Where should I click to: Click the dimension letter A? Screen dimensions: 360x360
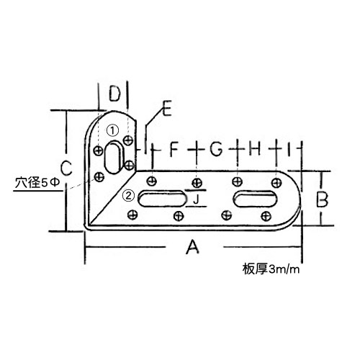(x=193, y=247)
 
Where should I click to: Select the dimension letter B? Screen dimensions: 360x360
(x=322, y=199)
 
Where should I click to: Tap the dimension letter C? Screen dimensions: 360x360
(x=66, y=168)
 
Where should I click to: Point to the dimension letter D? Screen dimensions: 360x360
(x=114, y=94)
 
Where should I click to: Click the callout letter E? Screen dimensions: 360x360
(x=166, y=109)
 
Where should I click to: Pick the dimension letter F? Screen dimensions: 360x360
(x=174, y=149)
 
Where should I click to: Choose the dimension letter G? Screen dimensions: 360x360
(x=216, y=149)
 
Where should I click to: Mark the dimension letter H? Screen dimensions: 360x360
(x=255, y=149)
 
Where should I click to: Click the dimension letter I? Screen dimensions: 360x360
(x=289, y=149)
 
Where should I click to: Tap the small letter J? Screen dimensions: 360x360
(x=197, y=199)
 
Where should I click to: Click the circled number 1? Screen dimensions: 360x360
(x=113, y=131)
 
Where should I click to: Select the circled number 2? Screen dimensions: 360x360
(x=129, y=196)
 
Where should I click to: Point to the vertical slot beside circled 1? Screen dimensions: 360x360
(x=114, y=157)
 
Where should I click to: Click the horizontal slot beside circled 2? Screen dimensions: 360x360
(x=163, y=199)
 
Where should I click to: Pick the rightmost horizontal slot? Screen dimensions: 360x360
(x=256, y=199)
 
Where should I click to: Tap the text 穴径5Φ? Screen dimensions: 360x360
(x=37, y=183)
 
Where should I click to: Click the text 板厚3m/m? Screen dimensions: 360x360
(x=271, y=269)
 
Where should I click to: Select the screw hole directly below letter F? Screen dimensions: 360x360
(x=151, y=181)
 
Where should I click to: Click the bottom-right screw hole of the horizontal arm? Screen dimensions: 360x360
(x=266, y=216)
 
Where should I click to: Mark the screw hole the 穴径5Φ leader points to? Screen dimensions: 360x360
(x=99, y=177)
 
